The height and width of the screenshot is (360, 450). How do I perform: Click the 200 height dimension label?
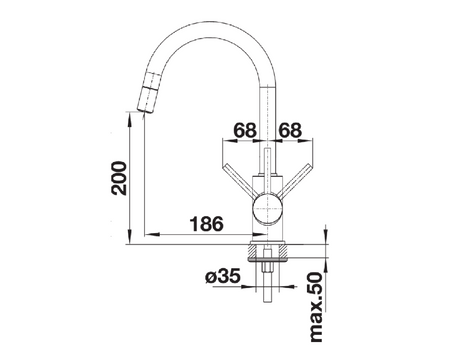tap(119, 178)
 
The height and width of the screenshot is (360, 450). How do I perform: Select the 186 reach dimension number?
tap(206, 224)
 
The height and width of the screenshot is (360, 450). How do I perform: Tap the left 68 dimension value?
tap(245, 130)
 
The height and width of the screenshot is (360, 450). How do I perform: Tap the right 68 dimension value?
tap(290, 130)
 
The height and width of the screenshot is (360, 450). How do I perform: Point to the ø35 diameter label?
tap(223, 276)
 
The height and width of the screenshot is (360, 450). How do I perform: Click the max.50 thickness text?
tap(316, 307)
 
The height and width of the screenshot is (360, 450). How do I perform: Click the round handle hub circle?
tap(268, 208)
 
